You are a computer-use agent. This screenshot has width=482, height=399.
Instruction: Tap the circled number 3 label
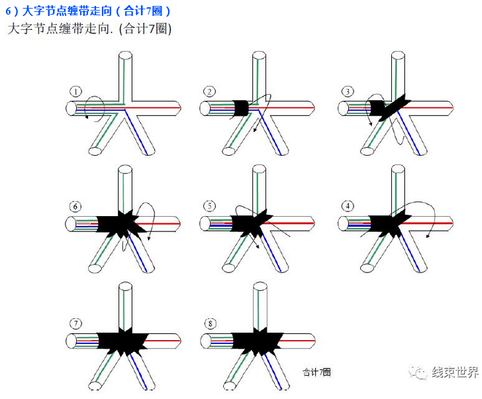tap(346, 91)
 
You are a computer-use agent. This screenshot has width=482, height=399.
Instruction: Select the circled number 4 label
tap(347, 206)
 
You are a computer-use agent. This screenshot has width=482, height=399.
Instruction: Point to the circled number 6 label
tap(76, 206)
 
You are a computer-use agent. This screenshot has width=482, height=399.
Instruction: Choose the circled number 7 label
tap(77, 324)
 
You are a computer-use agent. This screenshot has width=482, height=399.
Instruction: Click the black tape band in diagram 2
tap(241, 107)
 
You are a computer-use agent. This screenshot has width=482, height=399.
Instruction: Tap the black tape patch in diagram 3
tap(384, 107)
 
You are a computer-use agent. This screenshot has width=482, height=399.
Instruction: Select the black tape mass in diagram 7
tap(119, 341)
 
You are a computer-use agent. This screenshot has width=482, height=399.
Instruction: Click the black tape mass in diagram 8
tap(255, 341)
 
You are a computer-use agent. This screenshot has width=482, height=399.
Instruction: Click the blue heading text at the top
tap(89, 11)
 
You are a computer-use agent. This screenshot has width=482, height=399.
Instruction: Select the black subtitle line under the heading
tap(89, 29)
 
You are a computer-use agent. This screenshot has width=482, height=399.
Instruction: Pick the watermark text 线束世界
tap(455, 372)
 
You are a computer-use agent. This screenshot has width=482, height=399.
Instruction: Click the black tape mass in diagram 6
tap(119, 223)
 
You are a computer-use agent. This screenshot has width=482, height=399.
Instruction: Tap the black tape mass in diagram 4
tap(384, 223)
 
